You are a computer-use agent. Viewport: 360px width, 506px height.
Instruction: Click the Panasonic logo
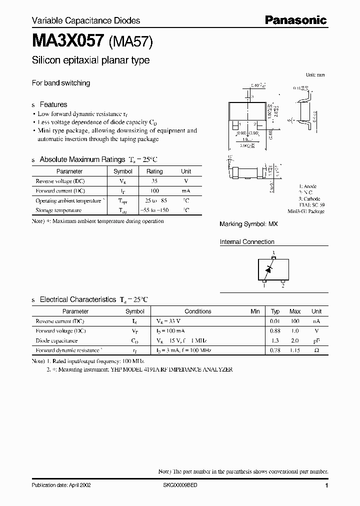[x=295, y=20]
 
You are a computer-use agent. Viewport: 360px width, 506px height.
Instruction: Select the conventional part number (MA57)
[x=130, y=42]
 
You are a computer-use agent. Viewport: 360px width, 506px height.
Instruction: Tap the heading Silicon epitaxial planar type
[x=90, y=60]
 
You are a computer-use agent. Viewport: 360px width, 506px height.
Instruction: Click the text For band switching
[x=61, y=83]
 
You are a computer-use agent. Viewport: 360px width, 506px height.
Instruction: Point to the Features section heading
[x=53, y=104]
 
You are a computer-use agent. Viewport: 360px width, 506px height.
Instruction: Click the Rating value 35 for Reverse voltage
[x=154, y=181]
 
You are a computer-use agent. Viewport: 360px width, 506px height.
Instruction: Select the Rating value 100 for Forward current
[x=154, y=191]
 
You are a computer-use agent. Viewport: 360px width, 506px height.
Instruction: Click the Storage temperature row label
[x=58, y=210]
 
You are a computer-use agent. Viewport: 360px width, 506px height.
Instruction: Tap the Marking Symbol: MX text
[x=248, y=224]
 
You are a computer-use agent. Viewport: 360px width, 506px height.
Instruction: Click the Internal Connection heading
[x=247, y=242]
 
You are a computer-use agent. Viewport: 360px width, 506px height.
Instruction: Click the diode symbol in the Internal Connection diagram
[x=269, y=270]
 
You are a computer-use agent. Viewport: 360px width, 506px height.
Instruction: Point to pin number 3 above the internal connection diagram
[x=273, y=253]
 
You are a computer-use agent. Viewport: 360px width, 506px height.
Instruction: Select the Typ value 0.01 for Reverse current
[x=274, y=321]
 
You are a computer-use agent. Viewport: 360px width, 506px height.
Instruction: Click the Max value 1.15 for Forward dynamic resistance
[x=295, y=350]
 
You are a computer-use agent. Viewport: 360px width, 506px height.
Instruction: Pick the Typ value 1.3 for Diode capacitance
[x=274, y=340]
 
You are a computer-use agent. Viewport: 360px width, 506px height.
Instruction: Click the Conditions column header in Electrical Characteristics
[x=198, y=311]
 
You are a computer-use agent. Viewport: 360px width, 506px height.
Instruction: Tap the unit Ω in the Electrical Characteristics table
[x=316, y=350]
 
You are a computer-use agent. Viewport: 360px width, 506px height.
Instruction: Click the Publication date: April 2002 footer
[x=61, y=485]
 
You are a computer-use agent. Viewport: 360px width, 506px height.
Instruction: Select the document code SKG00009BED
[x=180, y=485]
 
